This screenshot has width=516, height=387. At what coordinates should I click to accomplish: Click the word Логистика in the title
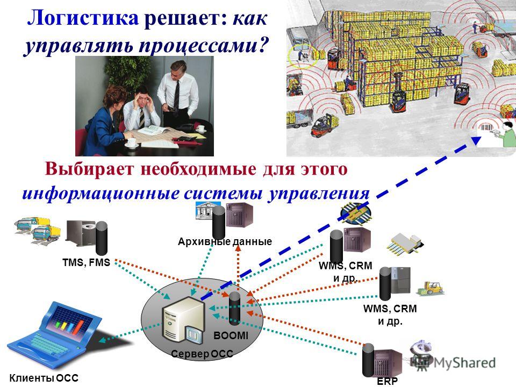coord(83,18)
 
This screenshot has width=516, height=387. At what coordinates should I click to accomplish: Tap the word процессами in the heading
coord(198,45)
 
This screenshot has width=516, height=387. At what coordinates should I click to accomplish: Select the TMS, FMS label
coord(86,263)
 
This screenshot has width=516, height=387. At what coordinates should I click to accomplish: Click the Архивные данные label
coord(225,242)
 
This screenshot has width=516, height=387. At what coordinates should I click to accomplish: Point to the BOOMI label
coord(231,335)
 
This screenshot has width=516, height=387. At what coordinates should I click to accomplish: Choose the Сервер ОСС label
coord(202,354)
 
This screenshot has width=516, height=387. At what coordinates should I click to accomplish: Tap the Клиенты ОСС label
coord(44,378)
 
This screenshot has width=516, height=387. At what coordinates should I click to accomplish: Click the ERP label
coord(388,382)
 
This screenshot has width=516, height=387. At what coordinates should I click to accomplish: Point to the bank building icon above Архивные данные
coord(207,210)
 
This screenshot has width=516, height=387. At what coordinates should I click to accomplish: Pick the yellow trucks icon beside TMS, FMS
coord(38,230)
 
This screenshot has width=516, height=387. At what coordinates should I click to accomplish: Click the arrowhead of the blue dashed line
coord(476,140)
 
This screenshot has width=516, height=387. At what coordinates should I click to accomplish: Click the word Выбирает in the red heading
coord(90,169)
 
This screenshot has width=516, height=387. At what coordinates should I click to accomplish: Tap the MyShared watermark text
coord(464,363)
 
